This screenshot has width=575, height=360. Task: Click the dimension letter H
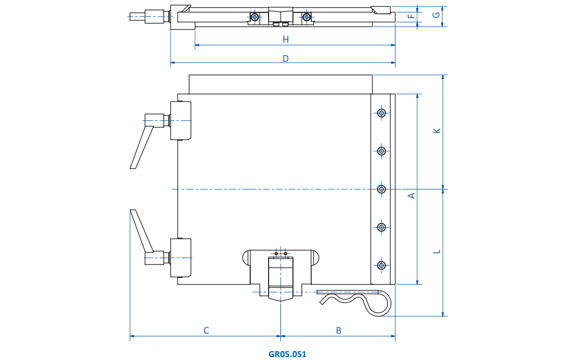[x=286, y=39]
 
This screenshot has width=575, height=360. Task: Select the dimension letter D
[x=286, y=58]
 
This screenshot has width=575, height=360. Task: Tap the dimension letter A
[x=411, y=195]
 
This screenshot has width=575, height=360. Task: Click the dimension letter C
[x=206, y=330]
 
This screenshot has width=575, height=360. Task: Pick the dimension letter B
[x=339, y=330]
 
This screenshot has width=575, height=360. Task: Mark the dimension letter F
[x=411, y=16]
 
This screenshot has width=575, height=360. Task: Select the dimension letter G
[x=436, y=15]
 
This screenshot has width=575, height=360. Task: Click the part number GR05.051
[x=287, y=354]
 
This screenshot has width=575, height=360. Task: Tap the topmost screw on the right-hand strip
[x=382, y=113]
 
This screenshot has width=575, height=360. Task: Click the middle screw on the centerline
[x=382, y=189]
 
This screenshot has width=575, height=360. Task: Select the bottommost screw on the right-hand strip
[x=382, y=265]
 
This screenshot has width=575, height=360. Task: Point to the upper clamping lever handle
[x=141, y=148]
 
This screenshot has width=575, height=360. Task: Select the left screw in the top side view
[x=255, y=17]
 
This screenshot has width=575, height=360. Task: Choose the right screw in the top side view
[x=306, y=17]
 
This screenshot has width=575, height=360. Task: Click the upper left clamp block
[x=181, y=120]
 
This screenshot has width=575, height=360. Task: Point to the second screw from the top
[x=382, y=151]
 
